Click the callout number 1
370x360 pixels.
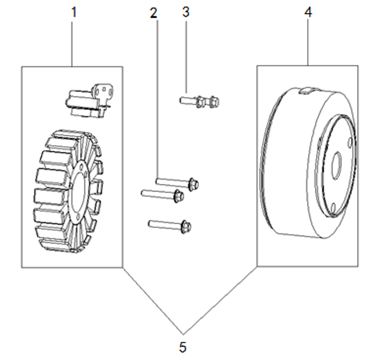point(74,12)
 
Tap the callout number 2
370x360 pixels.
point(154,13)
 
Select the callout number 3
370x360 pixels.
point(186,12)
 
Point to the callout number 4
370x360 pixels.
point(308,12)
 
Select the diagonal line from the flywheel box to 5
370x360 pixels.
point(220,300)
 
